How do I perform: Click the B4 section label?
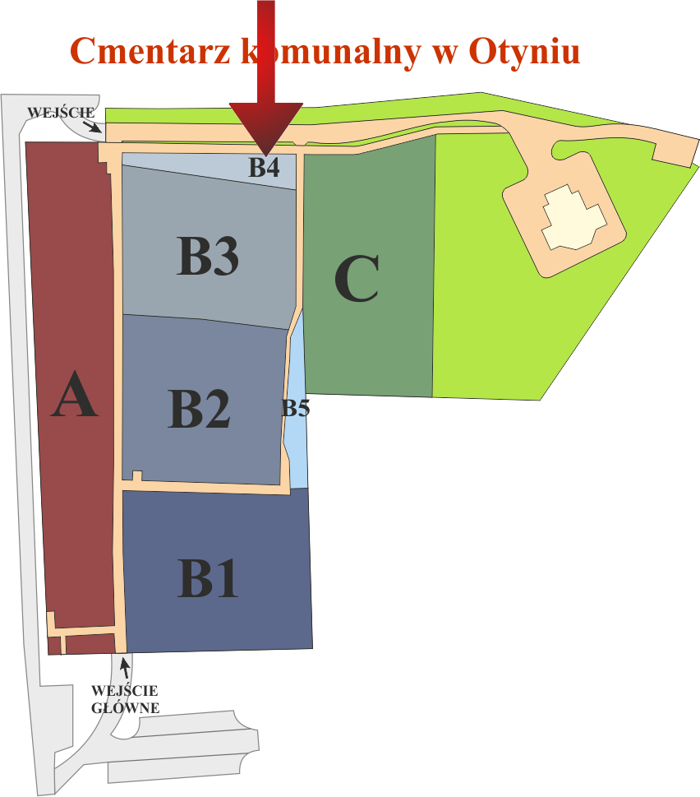[x=264, y=167]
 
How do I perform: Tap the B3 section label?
[x=208, y=256]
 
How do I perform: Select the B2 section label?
[x=199, y=408]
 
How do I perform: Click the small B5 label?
[x=296, y=408]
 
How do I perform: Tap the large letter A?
[x=74, y=395]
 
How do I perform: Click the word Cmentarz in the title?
[x=150, y=51]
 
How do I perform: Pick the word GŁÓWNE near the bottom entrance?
[x=126, y=707]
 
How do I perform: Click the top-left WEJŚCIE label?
[x=61, y=113]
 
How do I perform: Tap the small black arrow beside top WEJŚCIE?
[x=92, y=126]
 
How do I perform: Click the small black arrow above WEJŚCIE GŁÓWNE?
[x=125, y=667]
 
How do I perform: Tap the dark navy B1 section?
[x=217, y=570]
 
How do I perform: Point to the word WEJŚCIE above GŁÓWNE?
[x=125, y=691]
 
